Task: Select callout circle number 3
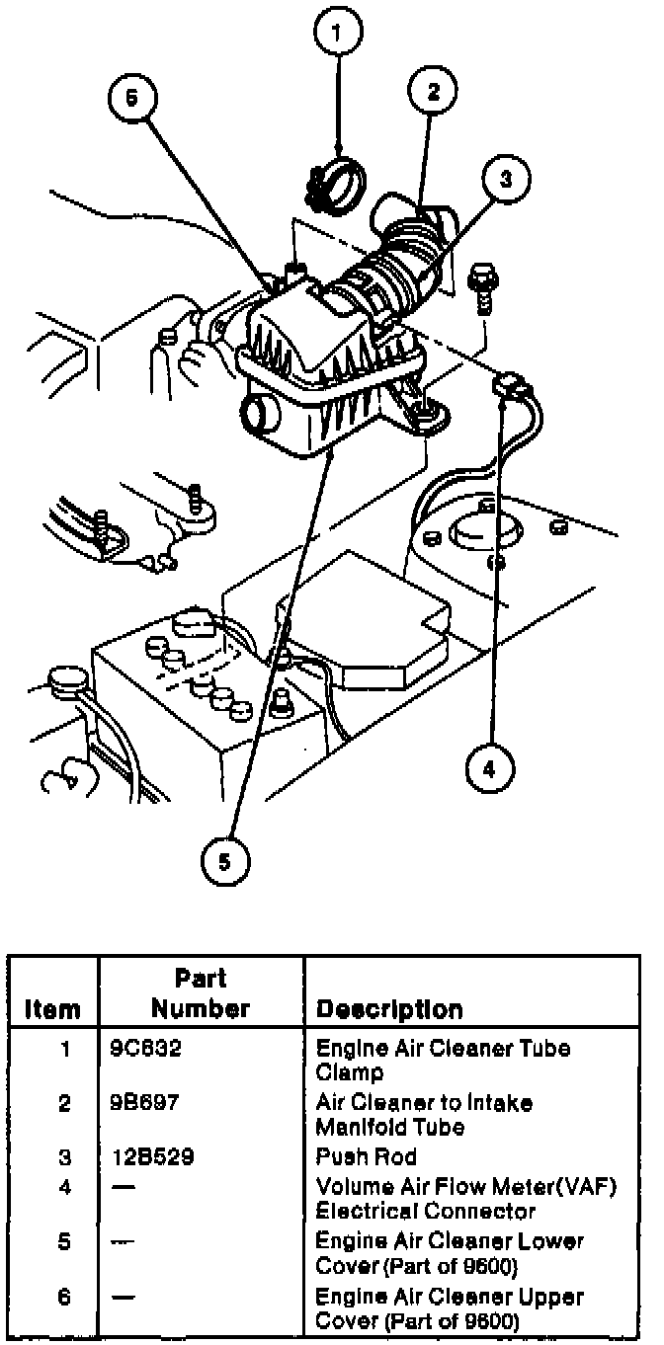coord(504,179)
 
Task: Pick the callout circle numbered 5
coord(225,861)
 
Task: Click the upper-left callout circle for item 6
coord(132,100)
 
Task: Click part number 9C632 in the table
coord(146,1048)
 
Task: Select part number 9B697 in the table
coord(145,1102)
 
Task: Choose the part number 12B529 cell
coord(151,1156)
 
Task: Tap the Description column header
coord(388,1009)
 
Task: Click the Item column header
coord(52,1009)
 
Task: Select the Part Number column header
coord(201,993)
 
